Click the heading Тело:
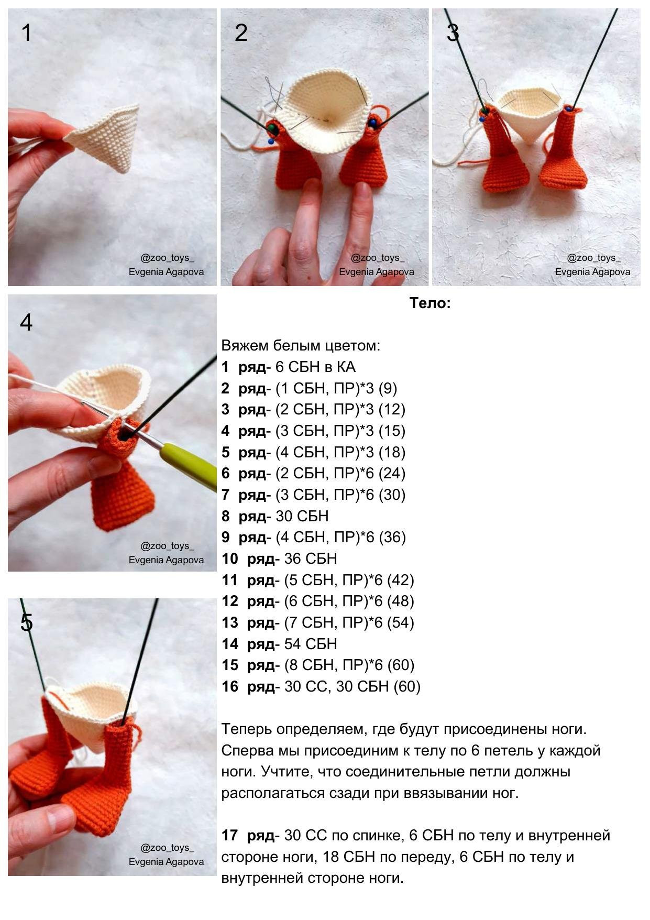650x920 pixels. (429, 303)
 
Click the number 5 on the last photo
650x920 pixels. (26, 622)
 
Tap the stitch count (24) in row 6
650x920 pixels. (392, 474)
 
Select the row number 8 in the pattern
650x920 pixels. (225, 516)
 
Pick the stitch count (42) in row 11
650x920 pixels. (401, 580)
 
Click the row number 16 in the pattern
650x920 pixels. (230, 686)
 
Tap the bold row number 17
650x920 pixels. (230, 835)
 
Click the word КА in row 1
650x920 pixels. (346, 367)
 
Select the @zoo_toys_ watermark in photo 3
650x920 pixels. (593, 258)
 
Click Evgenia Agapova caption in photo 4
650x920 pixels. (166, 560)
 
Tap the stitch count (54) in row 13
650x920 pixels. (401, 622)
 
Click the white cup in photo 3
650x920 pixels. (529, 113)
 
